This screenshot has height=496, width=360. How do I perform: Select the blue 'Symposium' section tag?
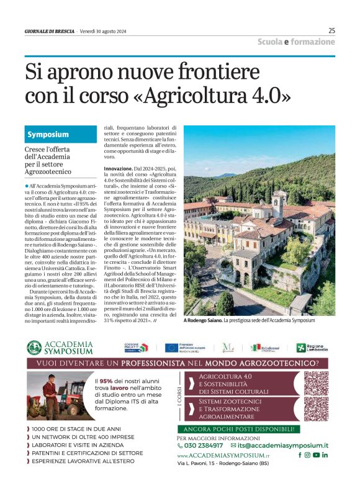[x=48, y=134]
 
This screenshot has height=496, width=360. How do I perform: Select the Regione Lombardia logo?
[x=313, y=348]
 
